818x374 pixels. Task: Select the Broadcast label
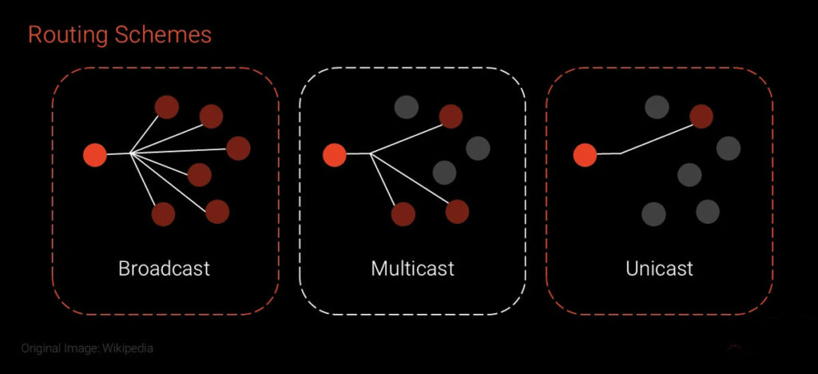coord(164,268)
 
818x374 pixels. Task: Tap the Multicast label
coord(412,268)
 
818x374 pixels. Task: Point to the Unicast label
coord(659,268)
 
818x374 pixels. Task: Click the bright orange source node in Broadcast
coord(95,155)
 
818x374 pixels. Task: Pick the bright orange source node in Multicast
coord(334,155)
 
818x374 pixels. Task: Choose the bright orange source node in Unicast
coord(585,155)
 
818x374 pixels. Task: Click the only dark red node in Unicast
coord(701,117)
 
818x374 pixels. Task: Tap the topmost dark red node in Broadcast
coord(166,107)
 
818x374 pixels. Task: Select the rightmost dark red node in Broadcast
coord(238,148)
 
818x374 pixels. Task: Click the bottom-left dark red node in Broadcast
coord(163,213)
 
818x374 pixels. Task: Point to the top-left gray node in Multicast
coord(406,107)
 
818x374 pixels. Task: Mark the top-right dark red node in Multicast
coord(451,117)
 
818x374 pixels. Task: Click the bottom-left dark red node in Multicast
coord(403,213)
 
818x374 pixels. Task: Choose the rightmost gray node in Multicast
coord(478,148)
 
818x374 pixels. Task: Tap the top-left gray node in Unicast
coord(657,107)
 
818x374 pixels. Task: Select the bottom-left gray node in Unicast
coord(653,213)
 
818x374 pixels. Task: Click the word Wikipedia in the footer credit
coord(128,348)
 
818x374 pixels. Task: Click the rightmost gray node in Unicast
coord(729,148)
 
